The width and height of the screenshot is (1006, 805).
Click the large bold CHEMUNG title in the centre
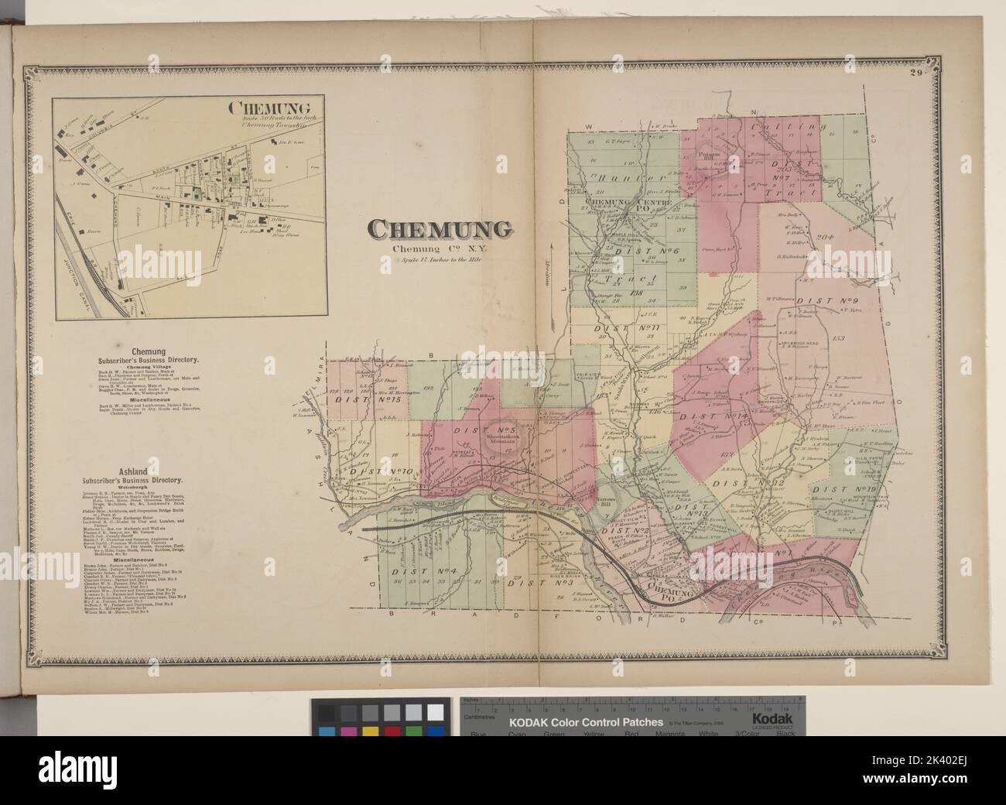click(439, 229)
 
